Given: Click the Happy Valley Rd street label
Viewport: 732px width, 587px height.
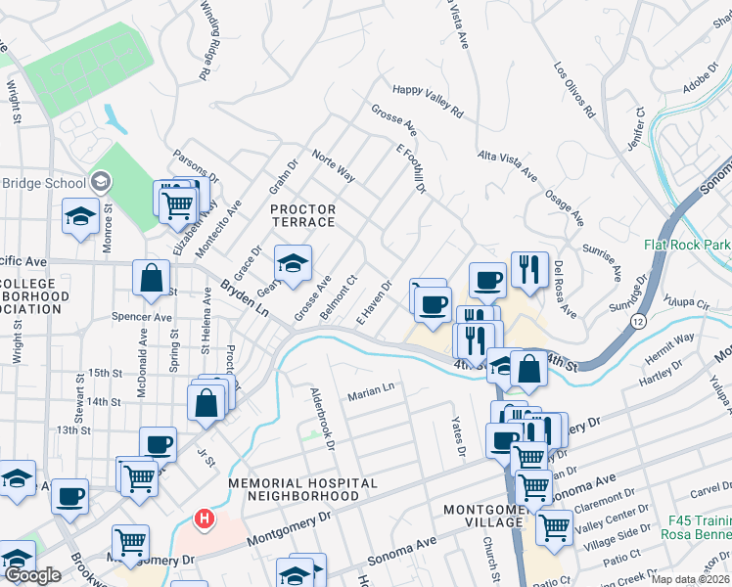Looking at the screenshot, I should (427, 102).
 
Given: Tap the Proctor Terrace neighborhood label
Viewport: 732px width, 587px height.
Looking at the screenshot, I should (302, 215).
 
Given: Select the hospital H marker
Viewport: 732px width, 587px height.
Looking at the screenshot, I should (204, 518).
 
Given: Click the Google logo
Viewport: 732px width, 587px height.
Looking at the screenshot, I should (33, 574).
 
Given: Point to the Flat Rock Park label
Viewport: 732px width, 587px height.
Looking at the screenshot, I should (687, 245).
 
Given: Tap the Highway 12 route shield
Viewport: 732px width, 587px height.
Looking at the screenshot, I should (638, 320).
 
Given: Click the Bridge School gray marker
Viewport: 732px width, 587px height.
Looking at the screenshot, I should (101, 182).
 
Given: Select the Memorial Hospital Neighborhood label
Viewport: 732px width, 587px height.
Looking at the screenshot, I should (302, 489).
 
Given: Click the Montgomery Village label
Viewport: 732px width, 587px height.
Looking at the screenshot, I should (483, 516).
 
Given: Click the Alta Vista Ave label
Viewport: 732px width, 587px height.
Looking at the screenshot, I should (507, 166).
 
